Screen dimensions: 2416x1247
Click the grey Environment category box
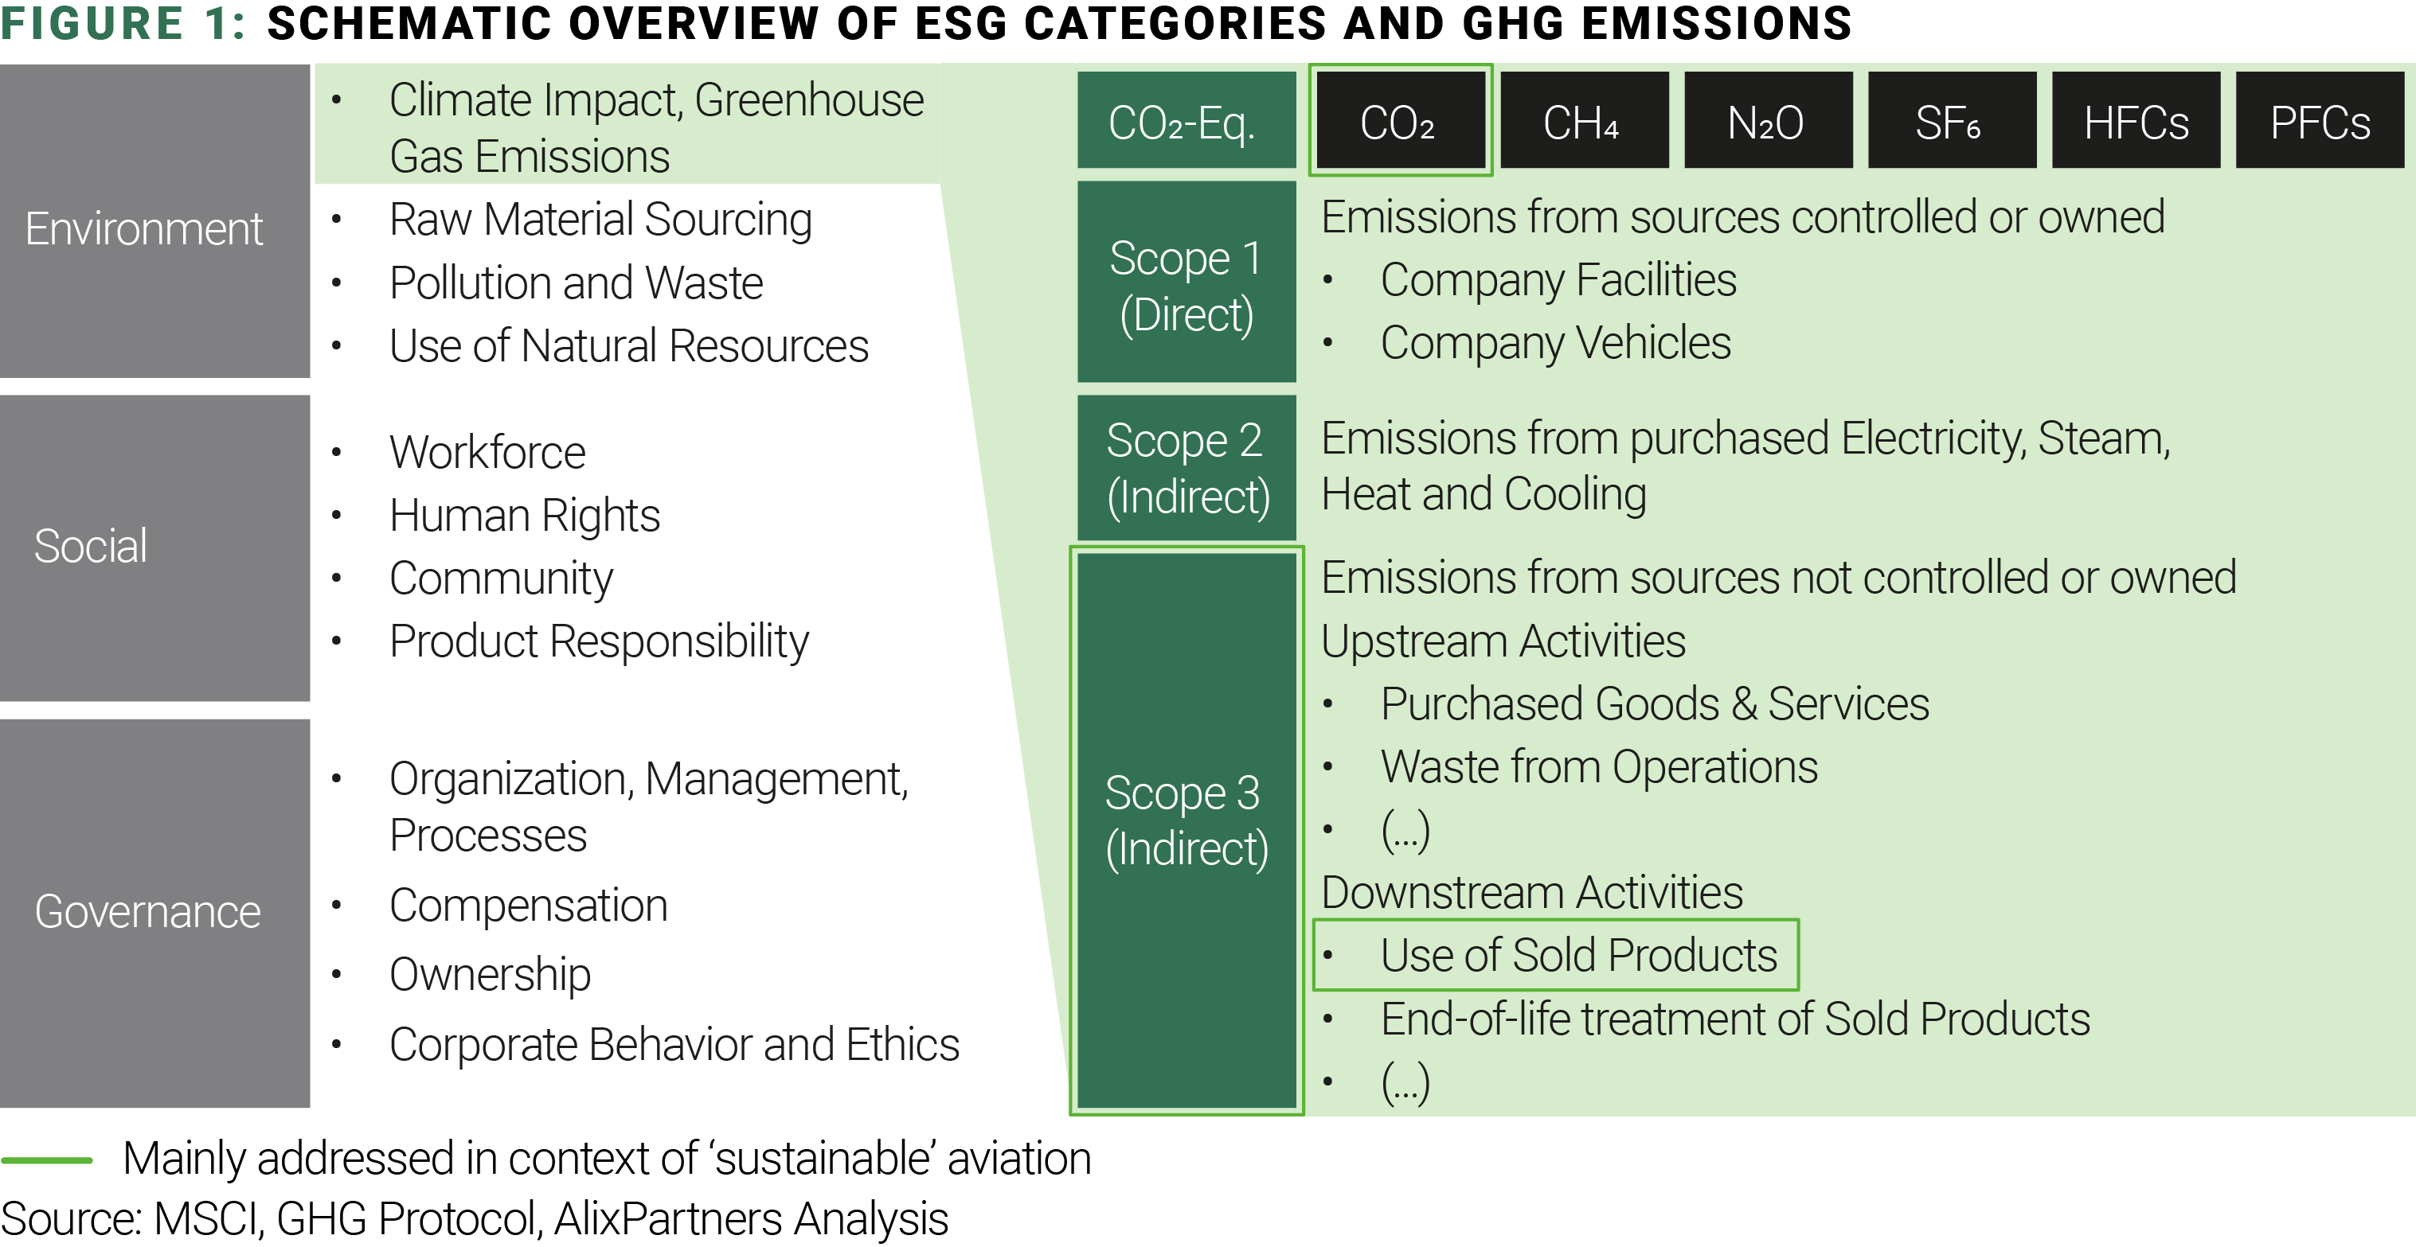coord(154,221)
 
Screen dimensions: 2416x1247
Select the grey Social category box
coord(154,548)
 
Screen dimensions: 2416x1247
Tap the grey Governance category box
coord(154,914)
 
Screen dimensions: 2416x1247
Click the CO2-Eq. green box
coord(1186,120)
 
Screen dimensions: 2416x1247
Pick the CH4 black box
coord(1584,120)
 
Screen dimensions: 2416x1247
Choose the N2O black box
coord(1768,120)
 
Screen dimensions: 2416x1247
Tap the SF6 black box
coord(1952,120)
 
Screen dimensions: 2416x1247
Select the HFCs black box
coord(2136,120)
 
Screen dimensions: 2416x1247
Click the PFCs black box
coord(2320,120)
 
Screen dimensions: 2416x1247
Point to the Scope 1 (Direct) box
coord(1186,281)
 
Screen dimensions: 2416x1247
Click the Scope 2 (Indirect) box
coord(1186,467)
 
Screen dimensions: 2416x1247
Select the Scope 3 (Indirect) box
coord(1186,831)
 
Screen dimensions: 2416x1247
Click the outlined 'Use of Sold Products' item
coord(1556,954)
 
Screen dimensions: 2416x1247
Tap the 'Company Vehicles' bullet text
coord(1555,343)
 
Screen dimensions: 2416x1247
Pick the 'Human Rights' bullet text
coord(524,516)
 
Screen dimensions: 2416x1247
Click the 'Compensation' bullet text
coord(528,906)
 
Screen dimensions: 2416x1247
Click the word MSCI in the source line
coord(206,1219)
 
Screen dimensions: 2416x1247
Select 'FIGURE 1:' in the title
coord(123,23)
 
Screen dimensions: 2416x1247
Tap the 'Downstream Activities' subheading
coord(1531,893)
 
